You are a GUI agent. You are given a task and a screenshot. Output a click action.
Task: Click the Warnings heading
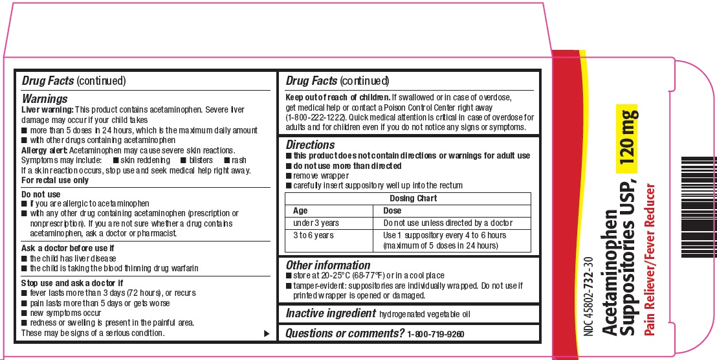click(x=45, y=99)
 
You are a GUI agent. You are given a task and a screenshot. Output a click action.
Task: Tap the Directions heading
click(x=311, y=145)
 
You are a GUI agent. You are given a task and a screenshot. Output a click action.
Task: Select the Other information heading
click(x=328, y=265)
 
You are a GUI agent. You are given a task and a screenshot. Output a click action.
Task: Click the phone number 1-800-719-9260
click(x=436, y=333)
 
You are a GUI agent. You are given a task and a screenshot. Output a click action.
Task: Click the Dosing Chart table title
click(x=413, y=198)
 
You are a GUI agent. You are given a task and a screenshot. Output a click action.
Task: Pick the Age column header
click(x=300, y=210)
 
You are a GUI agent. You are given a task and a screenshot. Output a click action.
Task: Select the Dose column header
click(x=392, y=210)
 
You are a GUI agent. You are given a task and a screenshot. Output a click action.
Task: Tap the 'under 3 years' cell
click(x=316, y=223)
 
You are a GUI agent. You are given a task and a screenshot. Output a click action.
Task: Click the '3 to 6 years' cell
click(x=313, y=235)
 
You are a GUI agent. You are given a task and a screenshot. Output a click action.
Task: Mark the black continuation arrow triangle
click(x=266, y=333)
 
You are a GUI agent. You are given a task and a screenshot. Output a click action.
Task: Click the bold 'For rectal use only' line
click(x=55, y=180)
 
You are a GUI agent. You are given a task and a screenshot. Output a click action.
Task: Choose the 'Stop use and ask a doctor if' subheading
click(x=72, y=283)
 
